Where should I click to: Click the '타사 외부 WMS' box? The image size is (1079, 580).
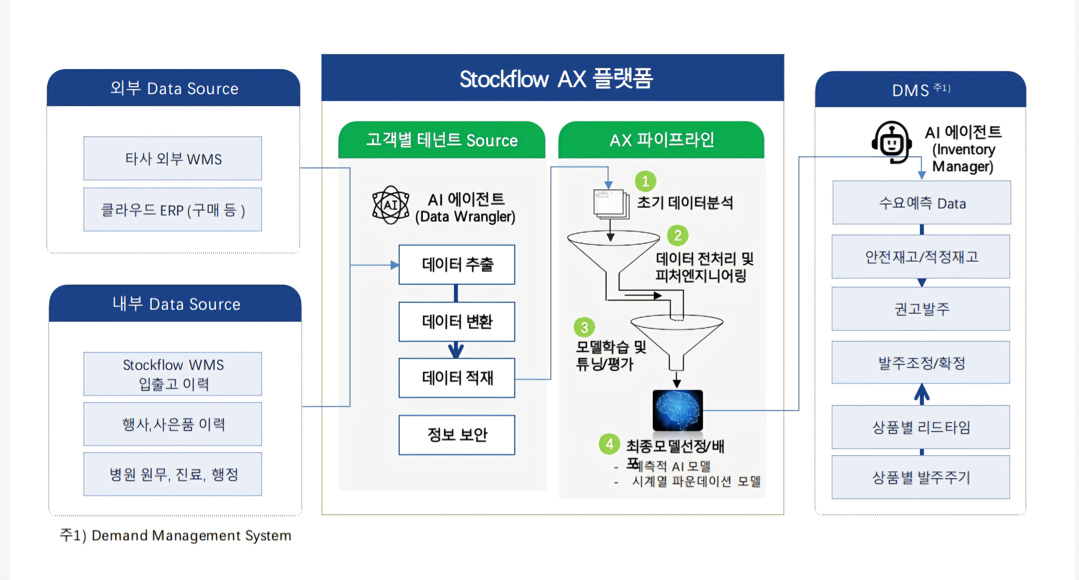pyautogui.click(x=173, y=159)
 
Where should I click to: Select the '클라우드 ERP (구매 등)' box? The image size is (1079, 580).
pyautogui.click(x=173, y=210)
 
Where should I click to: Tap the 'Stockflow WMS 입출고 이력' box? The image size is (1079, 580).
pyautogui.click(x=173, y=374)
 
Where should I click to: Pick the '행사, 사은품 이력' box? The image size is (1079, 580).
pyautogui.click(x=173, y=424)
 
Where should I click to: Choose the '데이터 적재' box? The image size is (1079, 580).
pyautogui.click(x=457, y=378)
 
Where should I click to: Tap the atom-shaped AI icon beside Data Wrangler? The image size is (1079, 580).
pyautogui.click(x=390, y=205)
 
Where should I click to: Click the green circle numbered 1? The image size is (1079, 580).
pyautogui.click(x=645, y=181)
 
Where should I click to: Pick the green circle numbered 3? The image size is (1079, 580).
pyautogui.click(x=584, y=327)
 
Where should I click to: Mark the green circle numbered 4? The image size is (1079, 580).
pyautogui.click(x=610, y=444)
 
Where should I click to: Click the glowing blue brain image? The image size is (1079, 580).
pyautogui.click(x=677, y=410)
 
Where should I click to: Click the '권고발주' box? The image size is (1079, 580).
pyautogui.click(x=921, y=309)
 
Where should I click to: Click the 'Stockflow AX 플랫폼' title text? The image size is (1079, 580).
pyautogui.click(x=556, y=79)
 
